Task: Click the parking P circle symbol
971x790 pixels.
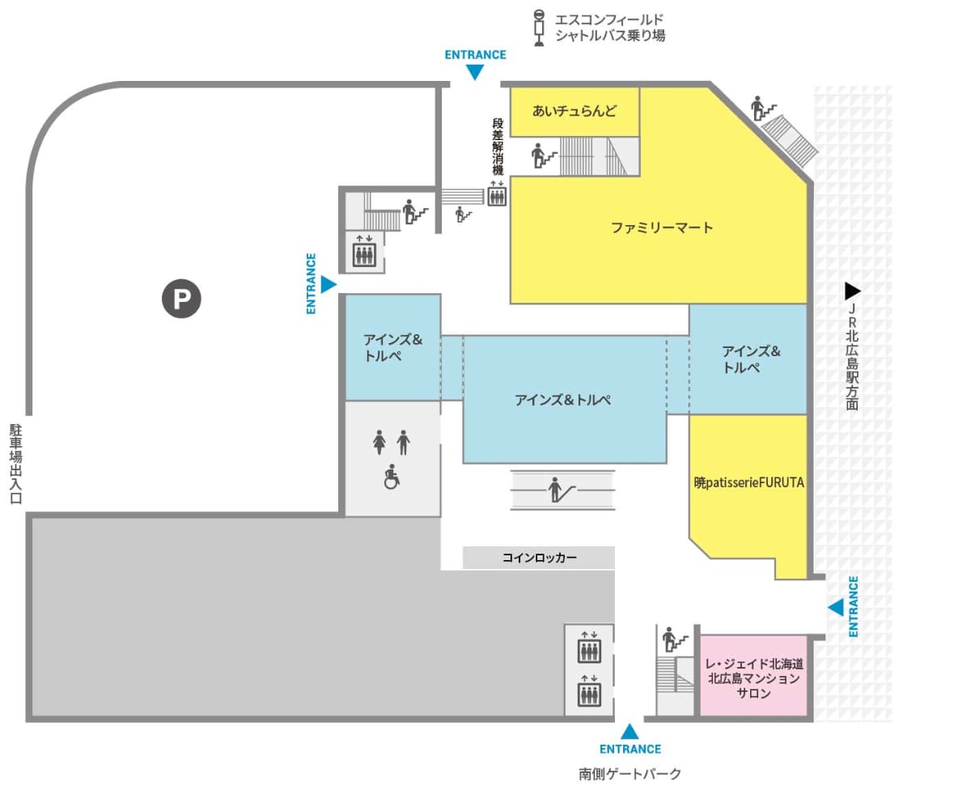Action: click(x=181, y=299)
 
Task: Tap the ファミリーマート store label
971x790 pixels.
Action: click(x=661, y=227)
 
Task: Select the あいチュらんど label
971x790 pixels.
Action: click(x=574, y=111)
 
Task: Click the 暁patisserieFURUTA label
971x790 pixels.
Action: click(x=748, y=482)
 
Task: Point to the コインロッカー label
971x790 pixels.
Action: click(x=539, y=558)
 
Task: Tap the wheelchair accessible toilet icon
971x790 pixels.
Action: click(x=392, y=478)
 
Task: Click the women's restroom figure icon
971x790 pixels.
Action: click(x=379, y=442)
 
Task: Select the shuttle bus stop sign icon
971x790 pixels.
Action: click(x=539, y=28)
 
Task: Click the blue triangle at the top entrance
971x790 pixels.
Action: click(x=475, y=72)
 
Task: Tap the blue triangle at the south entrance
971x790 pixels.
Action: click(x=630, y=732)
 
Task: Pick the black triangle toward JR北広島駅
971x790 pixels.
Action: click(x=853, y=291)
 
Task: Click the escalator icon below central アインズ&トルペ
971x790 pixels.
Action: click(x=562, y=490)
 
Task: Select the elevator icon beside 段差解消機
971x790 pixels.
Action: click(x=497, y=194)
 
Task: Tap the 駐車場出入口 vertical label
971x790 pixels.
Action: click(x=16, y=464)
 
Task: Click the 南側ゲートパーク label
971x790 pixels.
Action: click(x=630, y=774)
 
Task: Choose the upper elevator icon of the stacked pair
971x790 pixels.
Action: click(x=589, y=647)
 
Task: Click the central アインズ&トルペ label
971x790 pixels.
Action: click(x=563, y=400)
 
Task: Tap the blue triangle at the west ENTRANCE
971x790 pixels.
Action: click(x=329, y=284)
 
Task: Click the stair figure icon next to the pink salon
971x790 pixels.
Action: click(x=674, y=639)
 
